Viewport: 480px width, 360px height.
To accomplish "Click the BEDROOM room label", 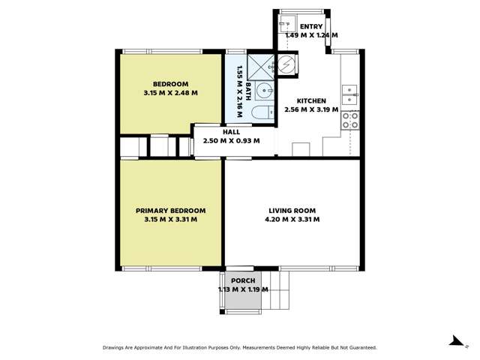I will click(x=170, y=83).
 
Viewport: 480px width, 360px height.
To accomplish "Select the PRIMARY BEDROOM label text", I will click(x=170, y=211).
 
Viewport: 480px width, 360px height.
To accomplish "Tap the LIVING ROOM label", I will click(x=292, y=211).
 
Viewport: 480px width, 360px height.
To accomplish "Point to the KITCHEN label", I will click(x=311, y=100).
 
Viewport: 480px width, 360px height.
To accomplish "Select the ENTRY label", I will click(x=311, y=27).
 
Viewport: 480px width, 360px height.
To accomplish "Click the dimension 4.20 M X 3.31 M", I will click(x=292, y=220).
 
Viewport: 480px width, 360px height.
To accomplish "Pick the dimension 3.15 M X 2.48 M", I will click(x=170, y=93).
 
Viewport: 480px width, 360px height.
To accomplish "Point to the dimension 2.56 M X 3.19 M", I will click(x=311, y=109).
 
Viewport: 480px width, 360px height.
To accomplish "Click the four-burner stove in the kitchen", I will click(x=350, y=121).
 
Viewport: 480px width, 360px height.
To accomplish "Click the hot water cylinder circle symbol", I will click(x=287, y=64).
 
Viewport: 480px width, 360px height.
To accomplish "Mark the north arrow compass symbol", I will click(x=453, y=341).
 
